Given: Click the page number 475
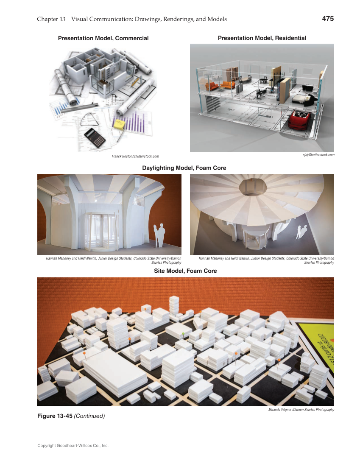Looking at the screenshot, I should tap(328, 19).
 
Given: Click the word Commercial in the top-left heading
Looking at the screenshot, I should tap(131, 39).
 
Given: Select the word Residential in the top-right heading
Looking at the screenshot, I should tap(290, 38).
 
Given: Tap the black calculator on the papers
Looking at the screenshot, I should tap(95, 137).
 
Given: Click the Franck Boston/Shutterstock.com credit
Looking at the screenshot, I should tap(135, 156).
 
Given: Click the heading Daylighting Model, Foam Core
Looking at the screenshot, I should tap(184, 168).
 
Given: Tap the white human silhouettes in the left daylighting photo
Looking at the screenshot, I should tap(159, 235).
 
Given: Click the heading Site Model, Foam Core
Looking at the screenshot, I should tap(185, 271).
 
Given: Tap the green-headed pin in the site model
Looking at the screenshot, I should tap(183, 335).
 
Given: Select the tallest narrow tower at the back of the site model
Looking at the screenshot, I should tap(174, 305).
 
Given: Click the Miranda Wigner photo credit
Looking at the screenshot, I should tap(301, 410).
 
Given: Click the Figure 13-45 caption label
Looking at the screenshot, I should tap(55, 416).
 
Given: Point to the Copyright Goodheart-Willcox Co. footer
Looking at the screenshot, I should tap(73, 446).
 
